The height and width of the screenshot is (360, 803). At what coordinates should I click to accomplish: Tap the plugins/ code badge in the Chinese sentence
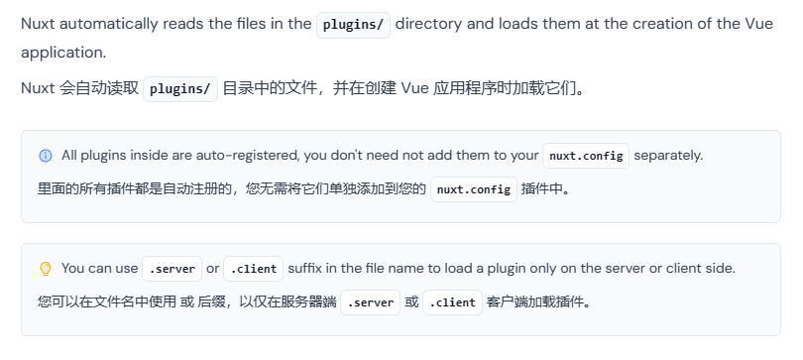pyautogui.click(x=180, y=88)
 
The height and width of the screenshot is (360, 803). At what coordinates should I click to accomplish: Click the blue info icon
pyautogui.click(x=45, y=156)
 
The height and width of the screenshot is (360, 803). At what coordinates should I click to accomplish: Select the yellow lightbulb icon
pyautogui.click(x=45, y=269)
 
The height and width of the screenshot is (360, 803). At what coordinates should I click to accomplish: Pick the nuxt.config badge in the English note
pyautogui.click(x=586, y=156)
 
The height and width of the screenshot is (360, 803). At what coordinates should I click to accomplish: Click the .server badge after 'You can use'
pyautogui.click(x=172, y=269)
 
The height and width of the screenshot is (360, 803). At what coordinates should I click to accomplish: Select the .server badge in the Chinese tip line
pyautogui.click(x=370, y=301)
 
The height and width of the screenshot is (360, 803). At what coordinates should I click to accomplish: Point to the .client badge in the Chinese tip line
pyautogui.click(x=452, y=301)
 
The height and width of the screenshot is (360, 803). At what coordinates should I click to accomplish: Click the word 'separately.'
pyautogui.click(x=668, y=156)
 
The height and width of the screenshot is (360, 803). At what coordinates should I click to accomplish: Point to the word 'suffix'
pyautogui.click(x=310, y=269)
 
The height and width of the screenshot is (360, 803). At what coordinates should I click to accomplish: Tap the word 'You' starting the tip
pyautogui.click(x=74, y=269)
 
